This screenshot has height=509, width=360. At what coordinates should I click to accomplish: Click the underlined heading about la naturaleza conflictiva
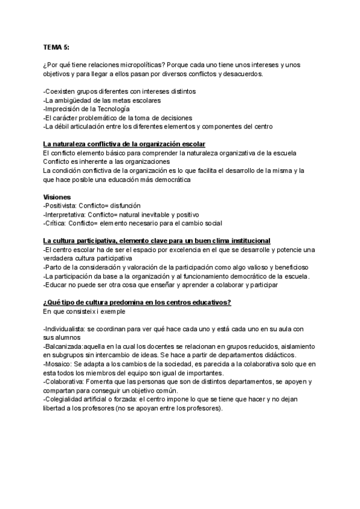coord(124,145)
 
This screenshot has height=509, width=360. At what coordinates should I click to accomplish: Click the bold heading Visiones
coord(57,197)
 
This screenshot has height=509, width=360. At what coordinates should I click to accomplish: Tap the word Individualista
coord(67,329)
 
